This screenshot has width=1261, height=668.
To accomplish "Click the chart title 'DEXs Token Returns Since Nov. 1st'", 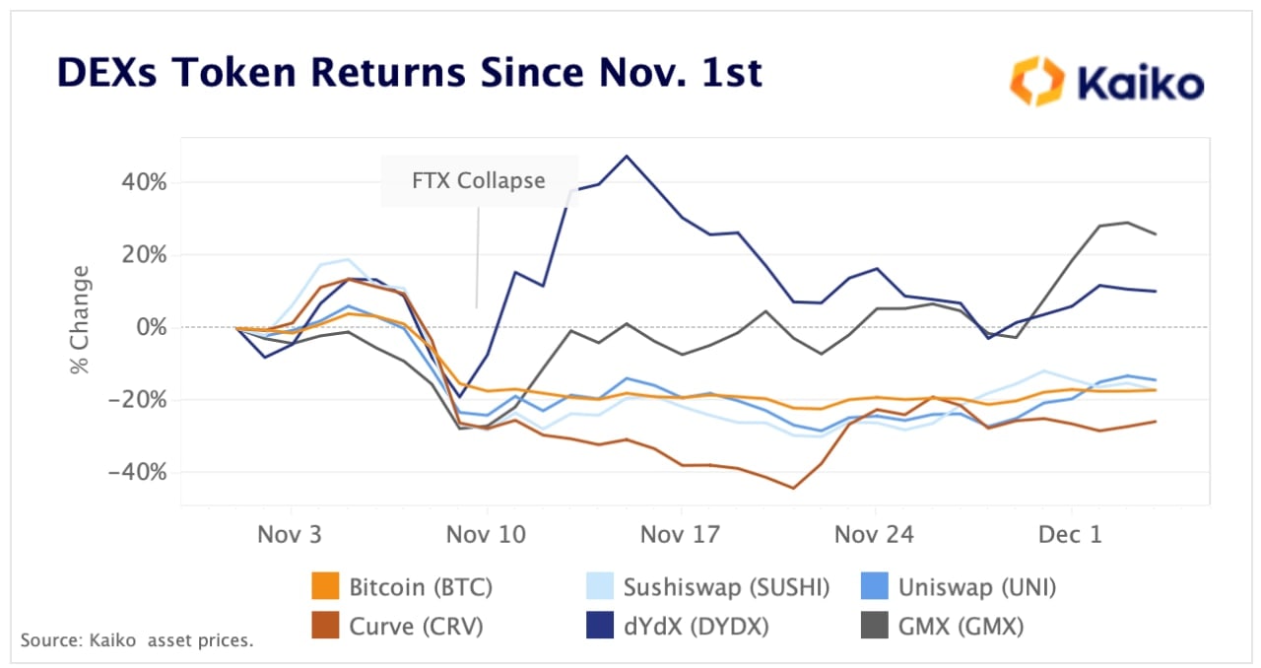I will (409, 74).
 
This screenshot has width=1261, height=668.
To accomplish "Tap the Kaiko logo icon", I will (1037, 81).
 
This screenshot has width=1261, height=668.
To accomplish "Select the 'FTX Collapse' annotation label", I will (479, 180).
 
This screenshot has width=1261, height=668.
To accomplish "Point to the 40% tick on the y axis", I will (144, 182).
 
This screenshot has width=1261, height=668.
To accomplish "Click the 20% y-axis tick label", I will (144, 254).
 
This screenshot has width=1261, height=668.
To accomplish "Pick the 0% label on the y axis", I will (152, 327).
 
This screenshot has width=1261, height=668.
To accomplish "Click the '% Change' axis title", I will (79, 320).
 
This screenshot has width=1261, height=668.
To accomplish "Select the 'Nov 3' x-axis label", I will (290, 534).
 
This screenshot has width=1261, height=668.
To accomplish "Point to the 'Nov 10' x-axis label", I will (486, 534).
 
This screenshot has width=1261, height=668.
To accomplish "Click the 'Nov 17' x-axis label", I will (681, 534).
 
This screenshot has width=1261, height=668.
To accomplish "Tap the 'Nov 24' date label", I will (875, 534).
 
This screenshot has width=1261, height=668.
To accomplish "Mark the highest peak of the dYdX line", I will (626, 156).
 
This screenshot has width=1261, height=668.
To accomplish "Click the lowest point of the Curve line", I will (793, 488).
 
